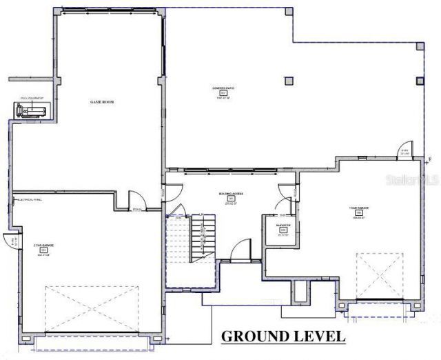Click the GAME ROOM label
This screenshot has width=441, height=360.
pyautogui.click(x=101, y=101)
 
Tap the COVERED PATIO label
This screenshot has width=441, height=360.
pyautogui.click(x=223, y=88)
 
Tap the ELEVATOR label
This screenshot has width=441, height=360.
pyautogui.click(x=283, y=225)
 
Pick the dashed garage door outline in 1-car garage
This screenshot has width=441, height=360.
pyautogui.click(x=379, y=275)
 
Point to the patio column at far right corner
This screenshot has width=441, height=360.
pyautogui.click(x=421, y=46)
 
